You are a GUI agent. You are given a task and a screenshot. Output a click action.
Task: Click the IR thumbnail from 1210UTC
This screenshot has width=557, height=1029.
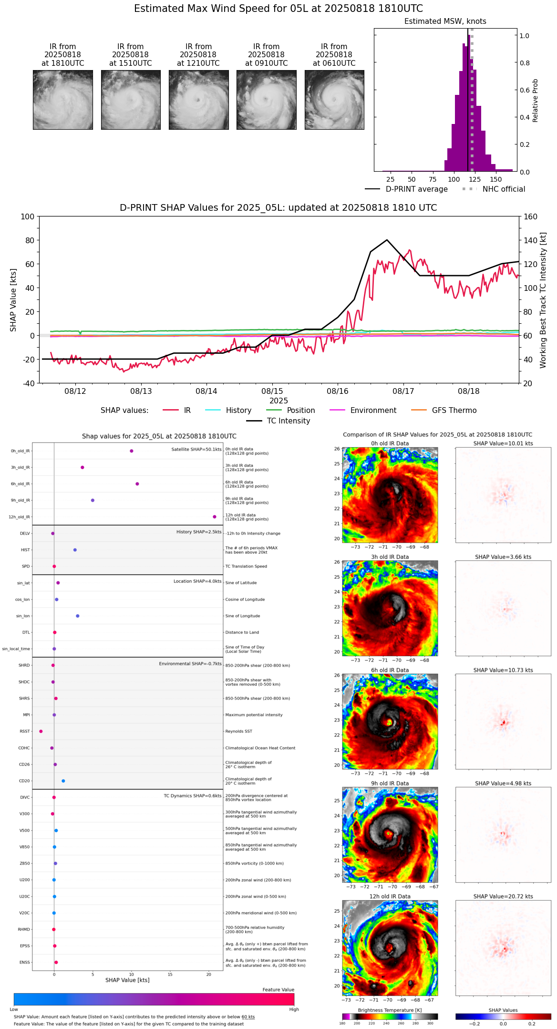tap(198, 100)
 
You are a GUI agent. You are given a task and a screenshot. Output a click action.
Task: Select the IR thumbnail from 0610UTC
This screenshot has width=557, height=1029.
tap(334, 100)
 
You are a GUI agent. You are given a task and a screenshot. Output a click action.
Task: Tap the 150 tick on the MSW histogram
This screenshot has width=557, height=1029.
tap(496, 179)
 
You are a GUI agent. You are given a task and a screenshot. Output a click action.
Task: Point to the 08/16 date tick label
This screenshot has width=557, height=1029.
tap(338, 391)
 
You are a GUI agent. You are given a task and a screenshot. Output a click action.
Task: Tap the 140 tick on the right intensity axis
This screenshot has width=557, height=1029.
tap(531, 240)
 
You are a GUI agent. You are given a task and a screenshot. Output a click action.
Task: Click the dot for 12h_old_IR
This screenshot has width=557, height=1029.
tap(215, 517)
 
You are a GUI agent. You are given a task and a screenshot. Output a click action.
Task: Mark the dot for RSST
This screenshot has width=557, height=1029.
tap(41, 731)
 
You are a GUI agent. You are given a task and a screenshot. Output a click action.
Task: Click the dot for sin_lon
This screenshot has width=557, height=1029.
tap(78, 616)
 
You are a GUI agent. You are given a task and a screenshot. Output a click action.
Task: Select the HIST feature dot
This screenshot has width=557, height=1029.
tap(75, 550)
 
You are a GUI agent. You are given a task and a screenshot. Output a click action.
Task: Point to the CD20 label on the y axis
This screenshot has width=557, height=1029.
tap(24, 781)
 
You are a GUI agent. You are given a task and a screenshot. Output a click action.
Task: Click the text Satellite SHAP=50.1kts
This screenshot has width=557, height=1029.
tap(196, 449)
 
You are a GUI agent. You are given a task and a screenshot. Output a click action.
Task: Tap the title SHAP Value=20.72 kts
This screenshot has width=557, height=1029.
tap(503, 896)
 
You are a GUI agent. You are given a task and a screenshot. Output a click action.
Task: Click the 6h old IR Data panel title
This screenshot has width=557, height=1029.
tap(390, 670)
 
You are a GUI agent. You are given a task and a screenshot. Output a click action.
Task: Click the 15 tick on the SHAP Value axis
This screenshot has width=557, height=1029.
tap(170, 975)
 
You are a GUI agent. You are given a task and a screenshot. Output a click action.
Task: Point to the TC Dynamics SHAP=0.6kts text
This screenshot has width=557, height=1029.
tap(193, 796)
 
